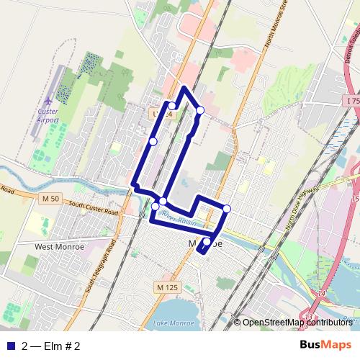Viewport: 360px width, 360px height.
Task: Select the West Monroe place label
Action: [60, 246]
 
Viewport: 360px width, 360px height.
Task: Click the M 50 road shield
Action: [35, 195]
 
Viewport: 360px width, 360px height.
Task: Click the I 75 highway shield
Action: [351, 102]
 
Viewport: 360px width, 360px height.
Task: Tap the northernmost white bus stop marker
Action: [173, 106]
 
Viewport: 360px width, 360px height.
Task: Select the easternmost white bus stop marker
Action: [227, 209]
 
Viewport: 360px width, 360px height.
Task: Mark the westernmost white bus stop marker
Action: [153, 142]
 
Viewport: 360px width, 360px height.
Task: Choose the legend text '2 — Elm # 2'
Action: [50, 346]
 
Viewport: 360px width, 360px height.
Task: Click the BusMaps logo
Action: [325, 346]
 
